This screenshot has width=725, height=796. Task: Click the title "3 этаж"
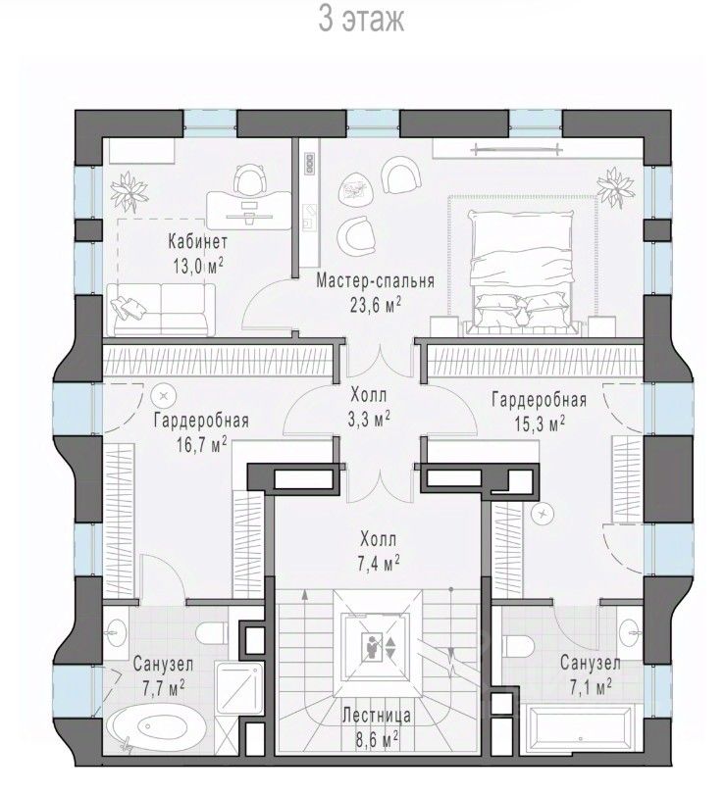point(361,21)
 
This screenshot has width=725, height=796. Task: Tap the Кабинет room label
point(197,241)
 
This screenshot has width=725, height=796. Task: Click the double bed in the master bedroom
point(522,273)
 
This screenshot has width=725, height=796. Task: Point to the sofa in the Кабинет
point(161,310)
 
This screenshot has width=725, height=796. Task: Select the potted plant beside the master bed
point(615,187)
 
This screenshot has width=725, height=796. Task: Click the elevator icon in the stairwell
point(377,647)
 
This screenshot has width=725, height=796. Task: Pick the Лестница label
point(377,716)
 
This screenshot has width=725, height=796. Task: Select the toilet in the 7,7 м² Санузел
point(212,633)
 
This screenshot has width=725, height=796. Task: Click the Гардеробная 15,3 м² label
point(540,412)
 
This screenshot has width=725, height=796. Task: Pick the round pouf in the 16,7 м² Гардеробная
point(164,395)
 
